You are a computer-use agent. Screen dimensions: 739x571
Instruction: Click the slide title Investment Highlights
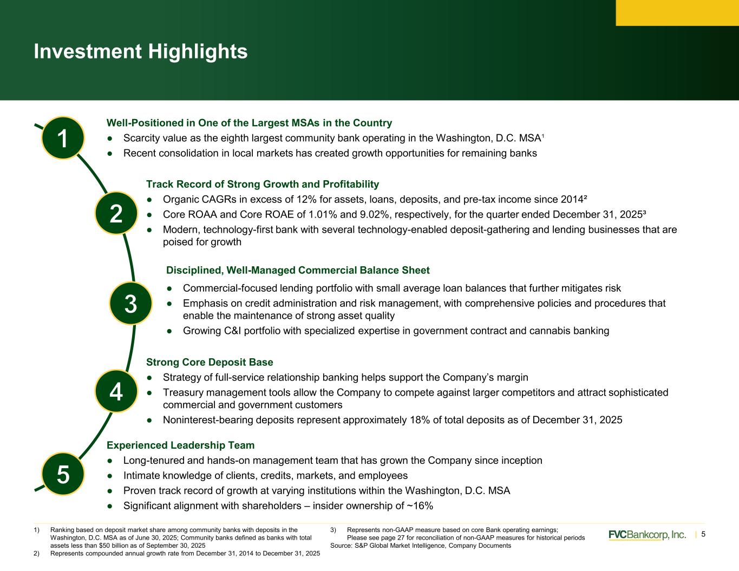pos(140,51)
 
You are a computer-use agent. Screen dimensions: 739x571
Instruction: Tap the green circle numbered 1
pos(63,138)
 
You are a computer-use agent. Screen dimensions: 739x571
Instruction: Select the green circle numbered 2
pos(116,213)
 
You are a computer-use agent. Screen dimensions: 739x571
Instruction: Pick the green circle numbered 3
pos(131,303)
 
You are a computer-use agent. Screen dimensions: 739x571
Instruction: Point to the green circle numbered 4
pos(116,391)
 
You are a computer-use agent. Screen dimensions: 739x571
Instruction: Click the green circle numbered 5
pos(63,474)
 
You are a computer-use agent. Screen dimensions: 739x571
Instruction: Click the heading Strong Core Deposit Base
pos(210,362)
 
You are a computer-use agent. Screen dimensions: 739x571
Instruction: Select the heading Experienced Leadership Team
pos(181,445)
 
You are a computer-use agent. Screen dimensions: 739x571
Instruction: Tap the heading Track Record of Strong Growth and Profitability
pos(263,184)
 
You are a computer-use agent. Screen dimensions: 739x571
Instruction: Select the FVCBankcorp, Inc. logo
pos(647,535)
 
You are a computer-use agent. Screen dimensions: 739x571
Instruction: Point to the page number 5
pos(703,535)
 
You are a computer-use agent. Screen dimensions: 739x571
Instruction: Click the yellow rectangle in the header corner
pos(677,12)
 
